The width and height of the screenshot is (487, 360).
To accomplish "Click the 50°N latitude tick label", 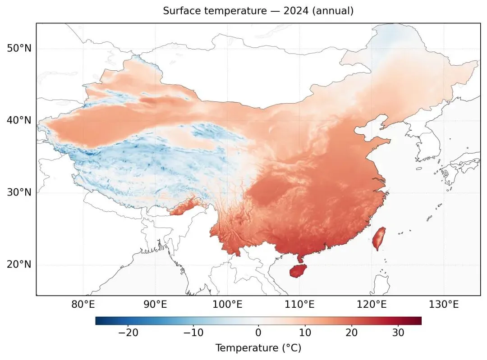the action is pyautogui.click(x=19, y=48).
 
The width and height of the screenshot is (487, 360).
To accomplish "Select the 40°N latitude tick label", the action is pyautogui.click(x=19, y=120).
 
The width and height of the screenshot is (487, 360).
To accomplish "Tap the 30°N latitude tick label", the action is pyautogui.click(x=19, y=192).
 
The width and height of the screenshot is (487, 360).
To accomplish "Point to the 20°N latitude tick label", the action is pyautogui.click(x=19, y=264).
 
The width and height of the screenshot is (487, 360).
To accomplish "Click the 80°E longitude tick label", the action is pyautogui.click(x=83, y=305).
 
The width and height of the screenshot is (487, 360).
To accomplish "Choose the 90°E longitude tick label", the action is pyautogui.click(x=155, y=305).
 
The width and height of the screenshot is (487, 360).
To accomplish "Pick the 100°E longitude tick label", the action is pyautogui.click(x=227, y=305).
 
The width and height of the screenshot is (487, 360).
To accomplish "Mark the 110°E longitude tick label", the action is pyautogui.click(x=300, y=305).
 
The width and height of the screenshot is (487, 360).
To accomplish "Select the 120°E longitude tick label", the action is pyautogui.click(x=372, y=305).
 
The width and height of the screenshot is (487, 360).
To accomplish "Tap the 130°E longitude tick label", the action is pyautogui.click(x=444, y=305).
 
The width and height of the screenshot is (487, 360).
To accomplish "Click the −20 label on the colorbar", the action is pyautogui.click(x=128, y=333).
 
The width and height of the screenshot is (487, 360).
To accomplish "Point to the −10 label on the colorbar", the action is pyautogui.click(x=193, y=333).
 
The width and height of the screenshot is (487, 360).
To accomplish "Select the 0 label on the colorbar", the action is pyautogui.click(x=258, y=333).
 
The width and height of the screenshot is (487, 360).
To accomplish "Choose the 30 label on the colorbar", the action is pyautogui.click(x=398, y=333).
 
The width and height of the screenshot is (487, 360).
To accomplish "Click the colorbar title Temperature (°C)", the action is pyautogui.click(x=258, y=348).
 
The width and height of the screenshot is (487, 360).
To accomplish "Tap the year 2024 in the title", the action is pyautogui.click(x=296, y=11).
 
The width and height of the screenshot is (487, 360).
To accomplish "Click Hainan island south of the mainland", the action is pyautogui.click(x=298, y=271).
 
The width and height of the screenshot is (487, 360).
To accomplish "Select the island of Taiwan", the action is pyautogui.click(x=379, y=238).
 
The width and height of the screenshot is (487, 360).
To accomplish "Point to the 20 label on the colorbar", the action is pyautogui.click(x=352, y=333).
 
